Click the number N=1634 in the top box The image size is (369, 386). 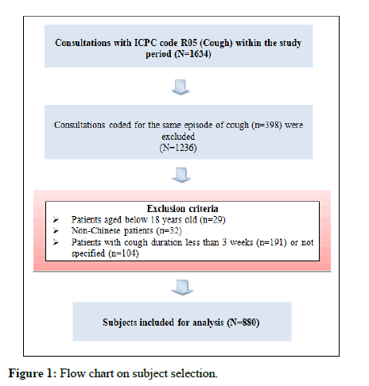click(192, 54)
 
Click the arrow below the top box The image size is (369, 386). click(181, 87)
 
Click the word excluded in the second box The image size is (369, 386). click(178, 137)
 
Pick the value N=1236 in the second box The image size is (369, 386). click(178, 148)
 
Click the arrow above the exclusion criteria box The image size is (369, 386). click(181, 175)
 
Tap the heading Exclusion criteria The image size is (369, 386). click(183, 209)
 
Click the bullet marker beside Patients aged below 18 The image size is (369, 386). click(56, 219)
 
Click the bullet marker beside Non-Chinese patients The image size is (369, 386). click(56, 230)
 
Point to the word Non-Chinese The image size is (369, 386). click(96, 230)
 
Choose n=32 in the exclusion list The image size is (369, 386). click(169, 231)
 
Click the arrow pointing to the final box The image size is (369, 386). click(182, 288)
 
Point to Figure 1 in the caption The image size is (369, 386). click(33, 373)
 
